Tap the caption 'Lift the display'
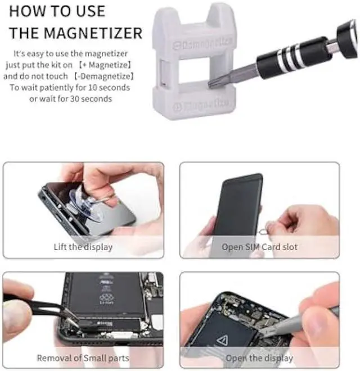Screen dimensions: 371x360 click(x=83, y=246)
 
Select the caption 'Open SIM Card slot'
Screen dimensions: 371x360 click(x=259, y=246)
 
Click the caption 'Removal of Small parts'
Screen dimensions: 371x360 click(x=83, y=358)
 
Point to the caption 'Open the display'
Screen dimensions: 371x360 click(x=259, y=358)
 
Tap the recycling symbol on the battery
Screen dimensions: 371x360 click(x=106, y=298)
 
